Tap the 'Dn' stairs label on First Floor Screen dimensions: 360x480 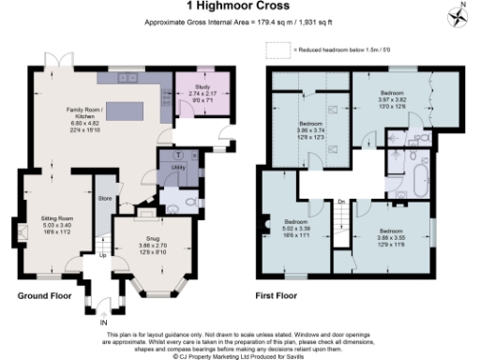point(343,201)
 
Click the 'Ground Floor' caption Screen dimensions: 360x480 point(45,295)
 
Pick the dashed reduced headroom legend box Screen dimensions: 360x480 point(276,48)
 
